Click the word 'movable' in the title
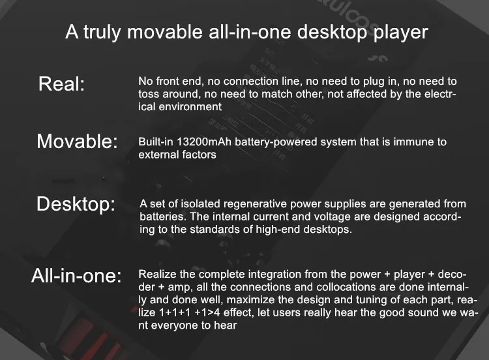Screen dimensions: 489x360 pyautogui.click(x=165, y=32)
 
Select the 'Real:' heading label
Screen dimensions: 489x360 pyautogui.click(x=61, y=83)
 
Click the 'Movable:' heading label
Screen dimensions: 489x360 pyautogui.click(x=77, y=141)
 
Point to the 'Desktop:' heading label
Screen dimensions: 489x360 pyautogui.click(x=76, y=204)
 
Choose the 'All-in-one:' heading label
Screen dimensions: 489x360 pyautogui.click(x=76, y=275)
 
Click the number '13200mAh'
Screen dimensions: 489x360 pyautogui.click(x=204, y=142)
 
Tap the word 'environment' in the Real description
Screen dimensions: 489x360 pyautogui.click(x=190, y=107)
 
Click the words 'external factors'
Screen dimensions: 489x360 pyautogui.click(x=177, y=155)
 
